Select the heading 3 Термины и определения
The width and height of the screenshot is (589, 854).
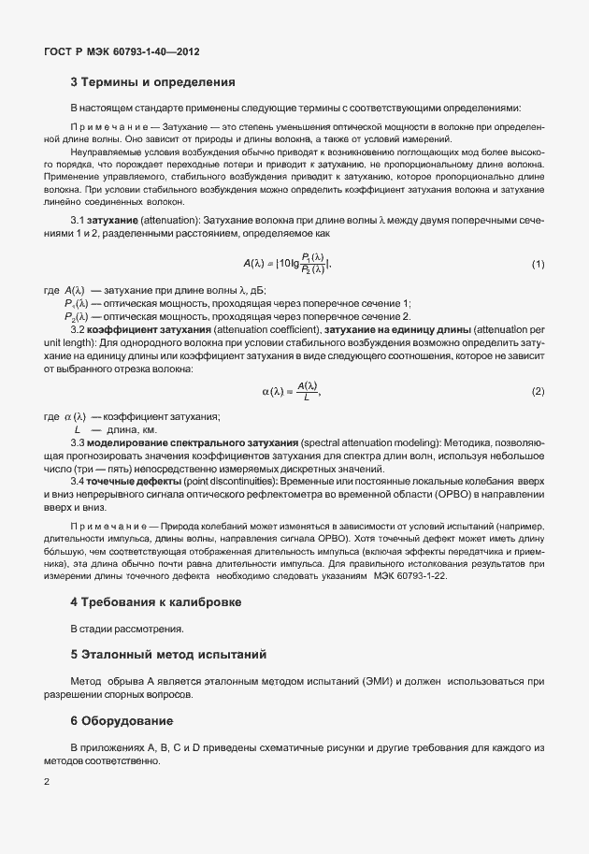pyautogui.click(x=152, y=83)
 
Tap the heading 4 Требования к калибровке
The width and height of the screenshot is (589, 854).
pyautogui.click(x=156, y=601)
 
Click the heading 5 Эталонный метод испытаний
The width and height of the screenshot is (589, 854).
pyautogui.click(x=168, y=652)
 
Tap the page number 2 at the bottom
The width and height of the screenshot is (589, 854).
pyautogui.click(x=47, y=781)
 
